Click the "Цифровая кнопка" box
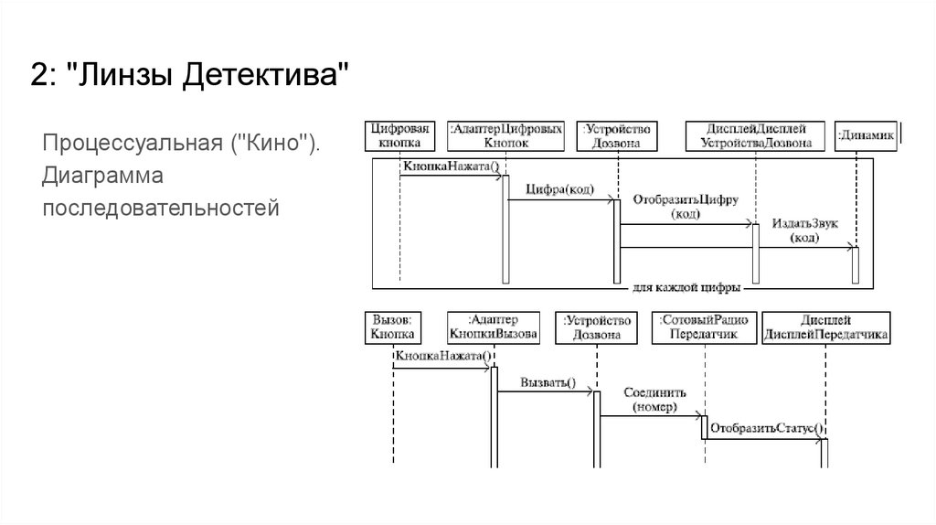tap(399, 135)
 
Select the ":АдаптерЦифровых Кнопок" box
tap(505, 135)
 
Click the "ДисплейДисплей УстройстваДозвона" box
tap(756, 135)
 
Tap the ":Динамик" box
tap(864, 136)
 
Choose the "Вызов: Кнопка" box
tap(394, 327)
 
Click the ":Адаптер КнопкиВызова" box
tap(493, 327)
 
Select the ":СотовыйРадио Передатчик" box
tap(704, 327)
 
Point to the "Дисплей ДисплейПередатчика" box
tap(826, 327)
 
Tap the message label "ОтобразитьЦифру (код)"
tap(686, 207)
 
